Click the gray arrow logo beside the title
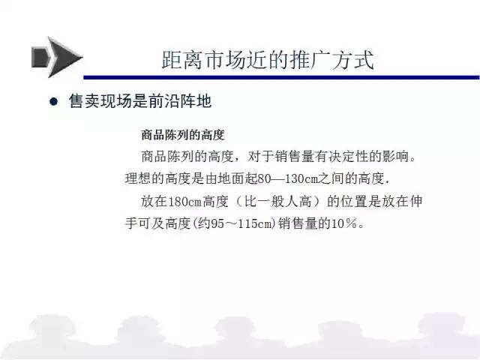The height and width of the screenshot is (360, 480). pos(57,57)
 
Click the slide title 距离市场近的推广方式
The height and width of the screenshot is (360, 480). pos(268,60)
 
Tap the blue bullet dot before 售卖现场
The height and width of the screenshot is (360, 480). pos(53,101)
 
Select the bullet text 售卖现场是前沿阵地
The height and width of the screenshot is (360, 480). pos(140,101)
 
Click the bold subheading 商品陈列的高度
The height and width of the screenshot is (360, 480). pos(183,135)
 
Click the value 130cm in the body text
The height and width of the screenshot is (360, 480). pos(301,178)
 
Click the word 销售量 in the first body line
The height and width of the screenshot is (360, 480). pos(295,157)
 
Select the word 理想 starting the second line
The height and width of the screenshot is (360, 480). pos(138,178)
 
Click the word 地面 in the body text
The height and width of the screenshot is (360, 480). pos(231,178)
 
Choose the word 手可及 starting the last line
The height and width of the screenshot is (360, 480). pos(145,223)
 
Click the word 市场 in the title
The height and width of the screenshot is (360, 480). pos(226,60)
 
